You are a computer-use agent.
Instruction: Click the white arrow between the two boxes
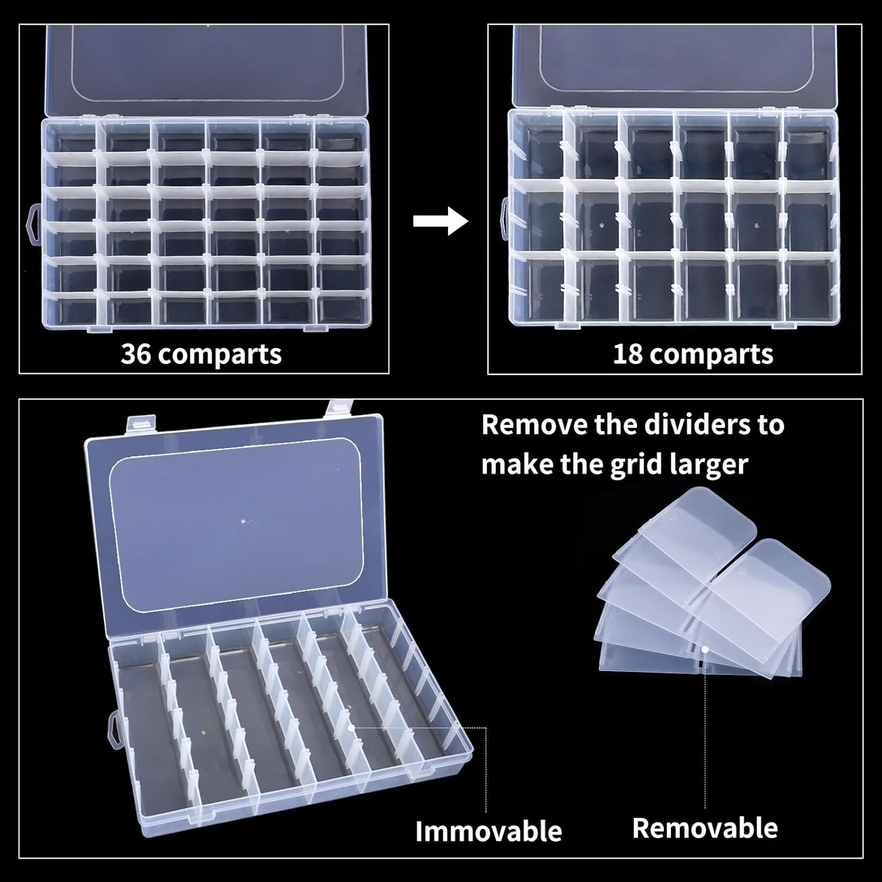(440, 221)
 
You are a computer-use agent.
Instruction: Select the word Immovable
(488, 831)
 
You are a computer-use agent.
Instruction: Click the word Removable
(704, 827)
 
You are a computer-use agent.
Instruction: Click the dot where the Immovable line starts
(350, 727)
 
